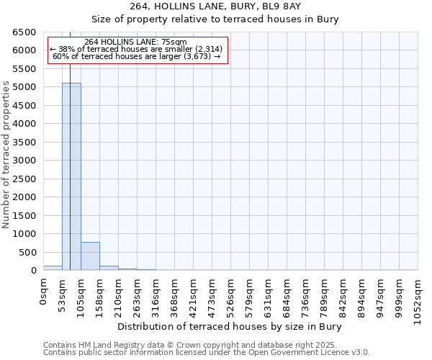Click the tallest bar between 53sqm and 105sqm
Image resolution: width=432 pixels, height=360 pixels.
coord(71,176)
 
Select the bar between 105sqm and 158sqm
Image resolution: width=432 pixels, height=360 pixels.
coord(90,256)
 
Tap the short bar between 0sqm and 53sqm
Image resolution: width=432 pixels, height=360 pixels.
coord(53,268)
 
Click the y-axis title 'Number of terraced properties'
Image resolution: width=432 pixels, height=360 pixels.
coord(7,155)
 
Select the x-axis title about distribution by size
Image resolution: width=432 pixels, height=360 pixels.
coord(229,327)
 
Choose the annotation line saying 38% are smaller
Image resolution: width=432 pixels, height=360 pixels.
coord(137,49)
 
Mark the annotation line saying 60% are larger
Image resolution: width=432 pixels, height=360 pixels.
coord(137,56)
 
